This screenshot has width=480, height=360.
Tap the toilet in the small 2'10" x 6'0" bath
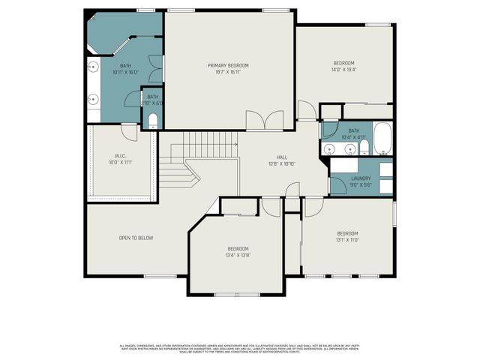tap(152, 120)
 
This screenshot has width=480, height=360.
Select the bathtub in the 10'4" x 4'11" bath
tap(382, 138)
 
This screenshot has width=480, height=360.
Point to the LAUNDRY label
tap(361, 178)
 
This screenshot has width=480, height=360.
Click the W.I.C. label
tap(119, 155)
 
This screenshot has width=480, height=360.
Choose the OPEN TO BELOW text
tap(136, 238)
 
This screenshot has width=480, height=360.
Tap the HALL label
tap(282, 157)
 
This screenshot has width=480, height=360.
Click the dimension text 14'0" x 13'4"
tap(344, 70)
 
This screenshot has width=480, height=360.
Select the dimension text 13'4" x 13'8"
tap(238, 255)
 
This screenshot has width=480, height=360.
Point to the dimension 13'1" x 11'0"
tap(347, 240)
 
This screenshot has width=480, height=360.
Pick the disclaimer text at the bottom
tap(239, 348)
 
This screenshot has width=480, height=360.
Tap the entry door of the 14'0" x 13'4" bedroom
tap(306, 111)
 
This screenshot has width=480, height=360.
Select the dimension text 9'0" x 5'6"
tap(361, 184)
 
